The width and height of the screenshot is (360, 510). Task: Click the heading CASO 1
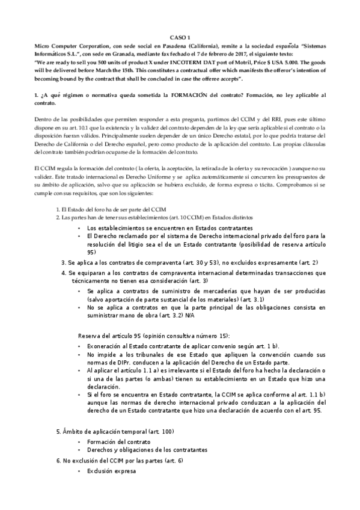point(180,37)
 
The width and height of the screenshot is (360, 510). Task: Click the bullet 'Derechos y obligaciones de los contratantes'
point(147,449)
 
